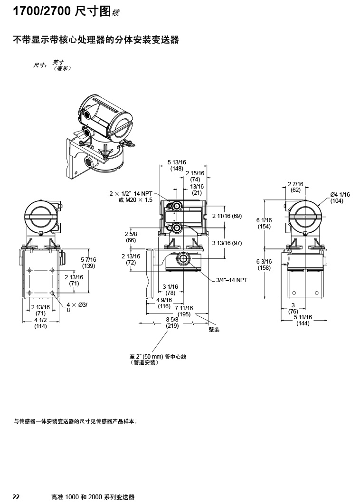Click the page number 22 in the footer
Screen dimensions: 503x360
[x=16, y=497]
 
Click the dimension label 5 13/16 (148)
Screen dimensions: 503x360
[x=177, y=165]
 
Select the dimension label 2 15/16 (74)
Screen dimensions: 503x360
[x=195, y=176]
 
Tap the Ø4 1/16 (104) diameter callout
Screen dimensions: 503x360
[x=340, y=198]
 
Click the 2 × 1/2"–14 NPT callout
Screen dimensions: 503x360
[x=131, y=193]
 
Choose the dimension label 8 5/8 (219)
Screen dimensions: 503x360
[x=172, y=323]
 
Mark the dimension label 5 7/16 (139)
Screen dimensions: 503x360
[x=88, y=262]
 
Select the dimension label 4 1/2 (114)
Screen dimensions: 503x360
[x=40, y=323]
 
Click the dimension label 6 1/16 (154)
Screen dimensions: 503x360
[x=264, y=223]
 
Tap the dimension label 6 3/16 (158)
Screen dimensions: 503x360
[x=264, y=265]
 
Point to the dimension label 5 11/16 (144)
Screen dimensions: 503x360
[x=303, y=320]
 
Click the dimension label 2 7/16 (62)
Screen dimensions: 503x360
[x=295, y=187]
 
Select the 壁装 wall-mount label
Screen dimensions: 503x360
[x=214, y=329]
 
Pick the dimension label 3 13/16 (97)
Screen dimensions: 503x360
[x=227, y=243]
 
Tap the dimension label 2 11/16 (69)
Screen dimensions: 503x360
[x=227, y=216]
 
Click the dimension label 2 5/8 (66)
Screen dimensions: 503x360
[x=131, y=237]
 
